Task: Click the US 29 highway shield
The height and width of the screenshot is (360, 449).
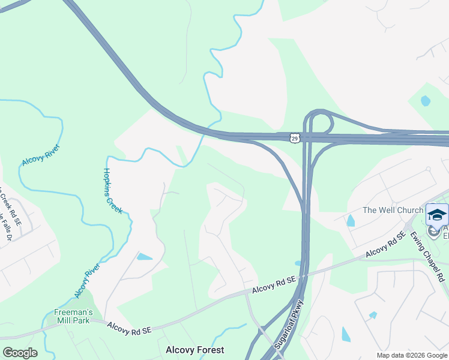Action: click(294, 138)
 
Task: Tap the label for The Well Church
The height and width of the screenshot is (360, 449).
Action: click(393, 211)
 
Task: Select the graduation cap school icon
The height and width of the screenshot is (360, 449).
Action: click(437, 214)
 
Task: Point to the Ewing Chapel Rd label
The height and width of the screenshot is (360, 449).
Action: click(427, 256)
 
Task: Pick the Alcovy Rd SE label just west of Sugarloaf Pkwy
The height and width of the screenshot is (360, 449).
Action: click(274, 285)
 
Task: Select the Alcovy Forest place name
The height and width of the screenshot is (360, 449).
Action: click(195, 350)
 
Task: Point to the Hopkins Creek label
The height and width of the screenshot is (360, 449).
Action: click(112, 190)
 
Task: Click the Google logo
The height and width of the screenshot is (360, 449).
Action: click(20, 353)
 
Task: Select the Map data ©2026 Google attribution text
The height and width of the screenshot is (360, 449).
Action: click(412, 355)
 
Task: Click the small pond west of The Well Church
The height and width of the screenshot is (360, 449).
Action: click(351, 220)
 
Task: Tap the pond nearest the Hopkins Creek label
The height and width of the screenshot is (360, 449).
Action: click(145, 257)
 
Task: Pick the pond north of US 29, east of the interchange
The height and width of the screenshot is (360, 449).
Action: click(426, 101)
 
